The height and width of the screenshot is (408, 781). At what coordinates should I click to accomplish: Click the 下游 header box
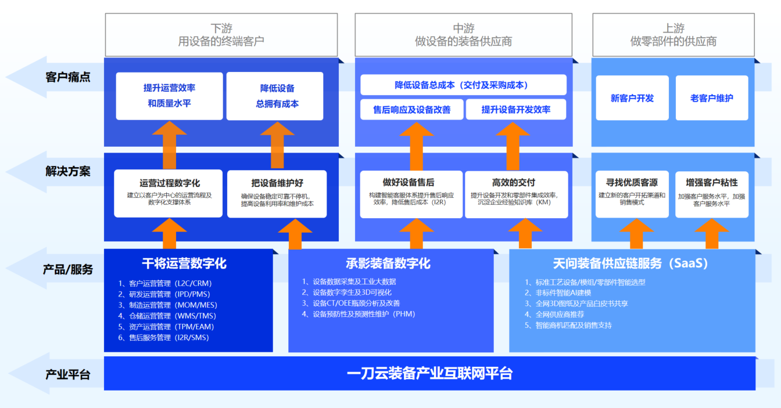click(221, 35)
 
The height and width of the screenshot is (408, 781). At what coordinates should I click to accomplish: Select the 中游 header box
click(463, 35)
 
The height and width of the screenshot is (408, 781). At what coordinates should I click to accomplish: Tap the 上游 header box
click(673, 35)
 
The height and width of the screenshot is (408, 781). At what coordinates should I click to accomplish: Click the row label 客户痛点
click(68, 77)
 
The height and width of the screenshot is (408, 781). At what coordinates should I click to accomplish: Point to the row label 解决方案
click(68, 171)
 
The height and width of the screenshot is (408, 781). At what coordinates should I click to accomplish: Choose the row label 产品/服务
click(68, 269)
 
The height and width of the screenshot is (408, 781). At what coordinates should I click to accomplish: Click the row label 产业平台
click(68, 374)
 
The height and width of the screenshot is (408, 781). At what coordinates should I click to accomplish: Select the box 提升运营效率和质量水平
click(170, 96)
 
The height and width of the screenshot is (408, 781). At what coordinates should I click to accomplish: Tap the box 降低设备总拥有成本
click(275, 96)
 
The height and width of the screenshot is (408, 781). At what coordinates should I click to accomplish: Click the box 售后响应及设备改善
click(412, 110)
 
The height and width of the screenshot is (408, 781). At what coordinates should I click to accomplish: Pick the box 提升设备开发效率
click(516, 110)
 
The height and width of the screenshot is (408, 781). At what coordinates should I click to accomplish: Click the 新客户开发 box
click(632, 98)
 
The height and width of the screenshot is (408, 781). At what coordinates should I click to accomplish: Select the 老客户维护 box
click(712, 98)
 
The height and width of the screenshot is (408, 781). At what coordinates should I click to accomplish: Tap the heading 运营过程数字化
click(170, 183)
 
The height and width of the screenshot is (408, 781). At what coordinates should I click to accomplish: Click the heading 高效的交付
click(514, 182)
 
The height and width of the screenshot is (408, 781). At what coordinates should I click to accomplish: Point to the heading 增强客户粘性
click(712, 183)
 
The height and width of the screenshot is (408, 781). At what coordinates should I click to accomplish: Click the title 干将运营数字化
click(184, 263)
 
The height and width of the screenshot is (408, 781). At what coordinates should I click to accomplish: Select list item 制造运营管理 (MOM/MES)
click(167, 305)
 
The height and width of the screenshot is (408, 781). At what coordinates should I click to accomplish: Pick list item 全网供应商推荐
click(554, 315)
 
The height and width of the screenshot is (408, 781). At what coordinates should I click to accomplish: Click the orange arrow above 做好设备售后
click(416, 146)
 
